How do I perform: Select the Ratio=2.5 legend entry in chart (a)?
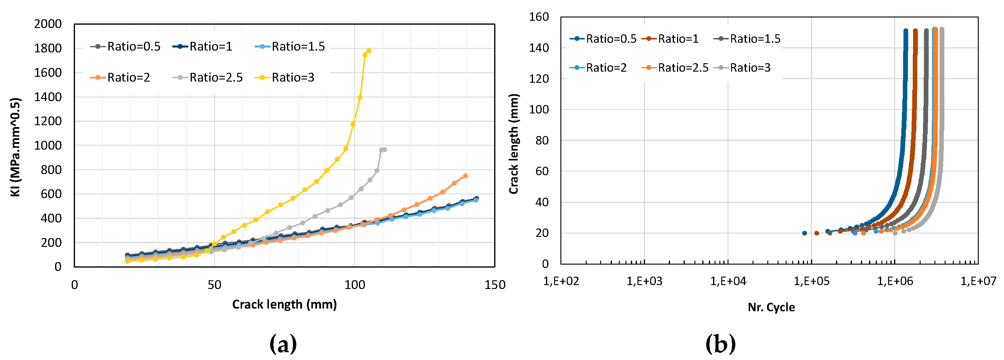point(208,78)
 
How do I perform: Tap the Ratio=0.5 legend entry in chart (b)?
point(603,39)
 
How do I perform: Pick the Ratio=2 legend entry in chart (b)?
point(599,68)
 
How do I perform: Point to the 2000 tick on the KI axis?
point(48,24)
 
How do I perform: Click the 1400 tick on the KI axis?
point(48,97)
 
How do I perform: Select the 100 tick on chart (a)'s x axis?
point(355,285)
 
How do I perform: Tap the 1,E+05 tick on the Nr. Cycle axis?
point(812,281)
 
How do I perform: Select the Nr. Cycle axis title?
point(771,307)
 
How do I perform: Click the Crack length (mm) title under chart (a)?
point(284,304)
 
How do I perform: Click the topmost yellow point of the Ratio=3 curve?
point(369,51)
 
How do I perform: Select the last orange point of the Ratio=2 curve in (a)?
point(465,176)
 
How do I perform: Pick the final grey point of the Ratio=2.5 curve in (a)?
point(385,150)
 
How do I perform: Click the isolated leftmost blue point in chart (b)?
point(804,233)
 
